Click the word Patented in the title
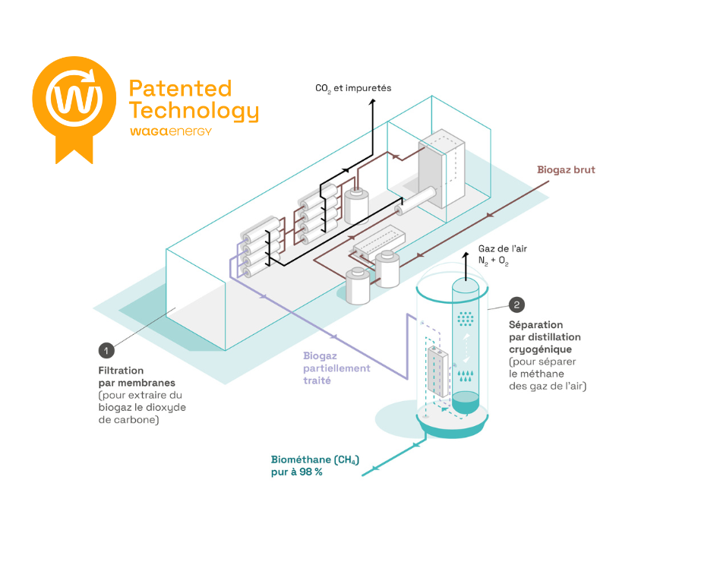click(x=180, y=88)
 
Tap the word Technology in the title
click(x=194, y=111)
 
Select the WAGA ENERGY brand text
click(x=170, y=131)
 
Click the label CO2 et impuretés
click(x=353, y=88)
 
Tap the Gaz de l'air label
click(x=502, y=249)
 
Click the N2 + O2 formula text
click(x=494, y=262)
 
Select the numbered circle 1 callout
click(x=106, y=350)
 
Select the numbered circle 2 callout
click(x=517, y=305)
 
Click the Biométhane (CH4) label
click(x=314, y=459)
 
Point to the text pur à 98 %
click(x=297, y=472)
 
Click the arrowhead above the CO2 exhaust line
click(x=372, y=102)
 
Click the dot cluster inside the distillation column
click(x=465, y=320)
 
